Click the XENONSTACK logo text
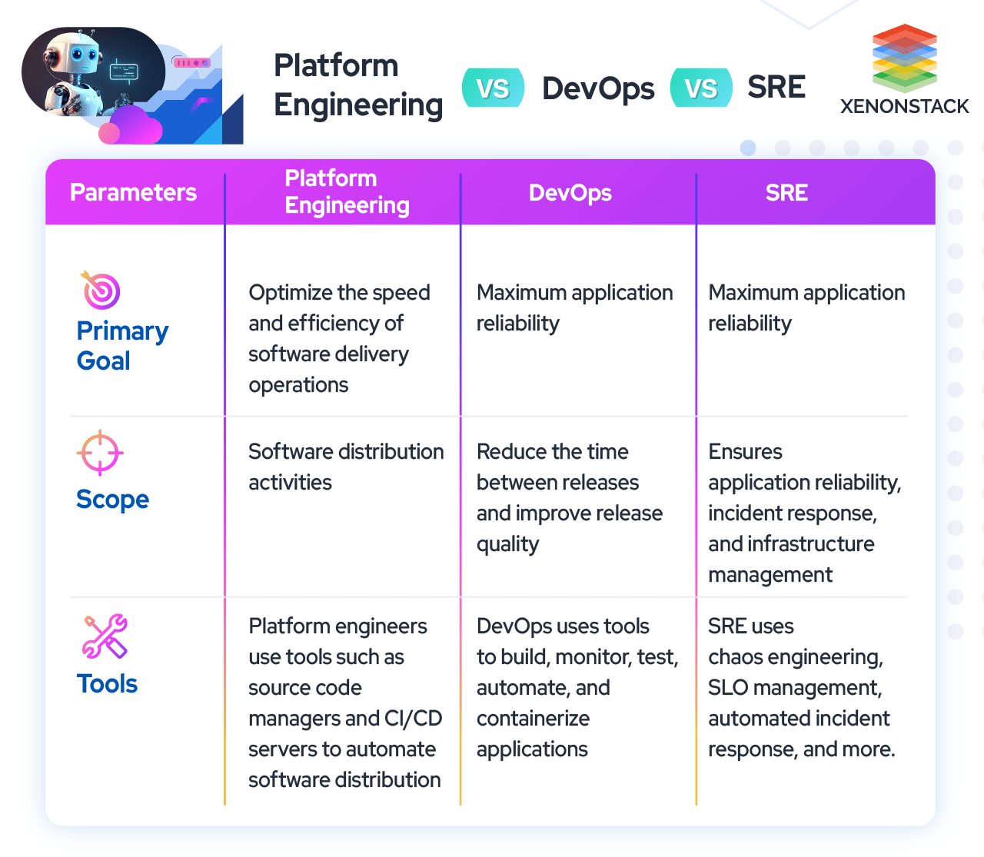(904, 107)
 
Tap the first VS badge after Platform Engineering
(493, 88)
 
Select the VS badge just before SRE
(701, 88)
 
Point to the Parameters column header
(133, 192)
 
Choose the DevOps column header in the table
(570, 192)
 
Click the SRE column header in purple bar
(786, 192)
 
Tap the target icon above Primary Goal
(100, 291)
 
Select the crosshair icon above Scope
(100, 453)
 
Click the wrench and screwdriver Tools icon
(105, 636)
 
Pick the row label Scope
(112, 500)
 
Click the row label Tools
(107, 683)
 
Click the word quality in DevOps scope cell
(507, 544)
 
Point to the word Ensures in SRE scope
(745, 452)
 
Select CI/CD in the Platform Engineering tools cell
(413, 719)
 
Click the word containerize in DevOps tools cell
(533, 719)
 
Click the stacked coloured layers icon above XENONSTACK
(904, 58)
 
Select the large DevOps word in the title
(598, 89)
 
